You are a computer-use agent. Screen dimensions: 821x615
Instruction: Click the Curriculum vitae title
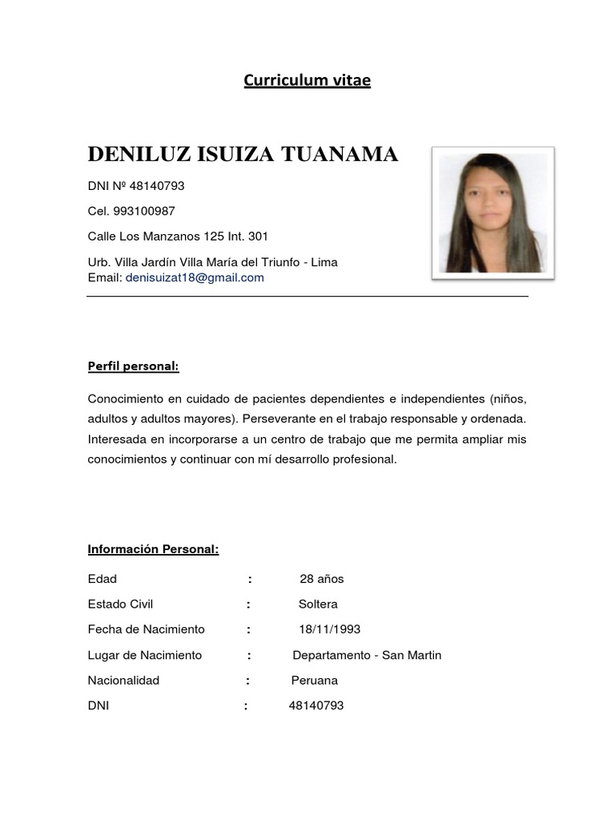pos(307,80)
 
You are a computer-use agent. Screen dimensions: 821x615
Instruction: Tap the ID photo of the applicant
pos(492,212)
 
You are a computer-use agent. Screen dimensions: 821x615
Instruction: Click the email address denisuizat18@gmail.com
pos(195,277)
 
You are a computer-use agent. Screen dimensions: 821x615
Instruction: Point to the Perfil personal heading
pos(133,366)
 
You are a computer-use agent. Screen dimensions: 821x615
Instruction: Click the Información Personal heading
pos(153,549)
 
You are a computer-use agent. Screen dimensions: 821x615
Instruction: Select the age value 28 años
pos(321,579)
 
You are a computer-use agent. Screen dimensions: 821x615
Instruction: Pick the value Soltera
pos(318,604)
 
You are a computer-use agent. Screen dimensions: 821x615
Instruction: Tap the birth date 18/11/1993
pos(324,629)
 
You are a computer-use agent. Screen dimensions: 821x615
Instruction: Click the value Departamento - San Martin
pos(367,655)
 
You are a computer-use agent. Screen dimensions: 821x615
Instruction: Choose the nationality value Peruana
pos(314,681)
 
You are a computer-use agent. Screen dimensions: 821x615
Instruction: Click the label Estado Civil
pos(120,604)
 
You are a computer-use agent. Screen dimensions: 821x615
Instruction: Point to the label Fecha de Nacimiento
pos(146,629)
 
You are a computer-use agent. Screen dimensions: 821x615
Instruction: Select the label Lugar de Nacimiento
pos(144,655)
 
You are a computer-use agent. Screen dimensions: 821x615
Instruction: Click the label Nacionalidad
pos(123,681)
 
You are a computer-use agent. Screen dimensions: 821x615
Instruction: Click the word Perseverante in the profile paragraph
pos(278,419)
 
